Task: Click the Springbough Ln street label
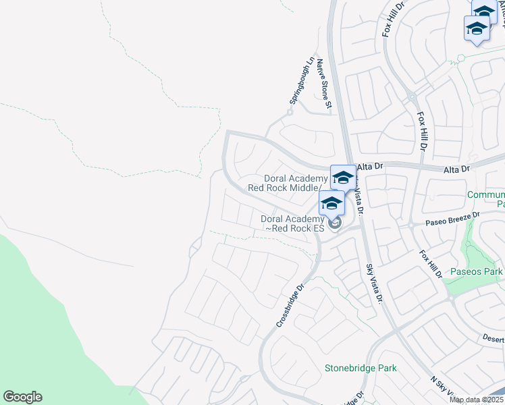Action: click(x=302, y=80)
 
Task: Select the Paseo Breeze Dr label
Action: click(x=452, y=218)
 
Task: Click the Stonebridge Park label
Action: click(x=361, y=369)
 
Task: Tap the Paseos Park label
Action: click(x=478, y=272)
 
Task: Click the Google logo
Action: click(x=22, y=397)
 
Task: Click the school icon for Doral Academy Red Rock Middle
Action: click(x=342, y=178)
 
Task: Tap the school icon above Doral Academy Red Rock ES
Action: click(x=331, y=202)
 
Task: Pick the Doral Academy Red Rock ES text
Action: click(x=293, y=223)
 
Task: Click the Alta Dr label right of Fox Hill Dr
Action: click(x=456, y=169)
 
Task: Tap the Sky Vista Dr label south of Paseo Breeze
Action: click(x=374, y=283)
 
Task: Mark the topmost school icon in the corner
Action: click(x=484, y=11)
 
